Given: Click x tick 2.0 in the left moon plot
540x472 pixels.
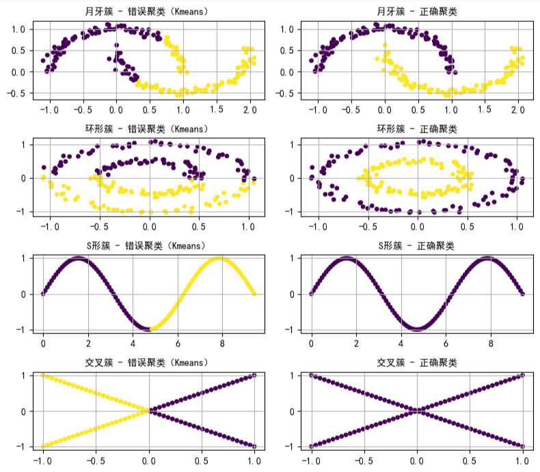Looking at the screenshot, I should (249, 109).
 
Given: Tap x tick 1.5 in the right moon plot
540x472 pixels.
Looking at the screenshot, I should (484, 109).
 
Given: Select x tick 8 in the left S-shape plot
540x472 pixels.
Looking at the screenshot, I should (222, 342).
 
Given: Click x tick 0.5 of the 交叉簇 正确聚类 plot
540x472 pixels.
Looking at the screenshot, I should (470, 459).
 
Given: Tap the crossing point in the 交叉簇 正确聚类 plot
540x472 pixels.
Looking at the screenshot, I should (417, 411).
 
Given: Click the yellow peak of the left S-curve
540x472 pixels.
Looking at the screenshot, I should (219, 258).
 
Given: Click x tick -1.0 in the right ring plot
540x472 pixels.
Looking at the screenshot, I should (316, 225).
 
